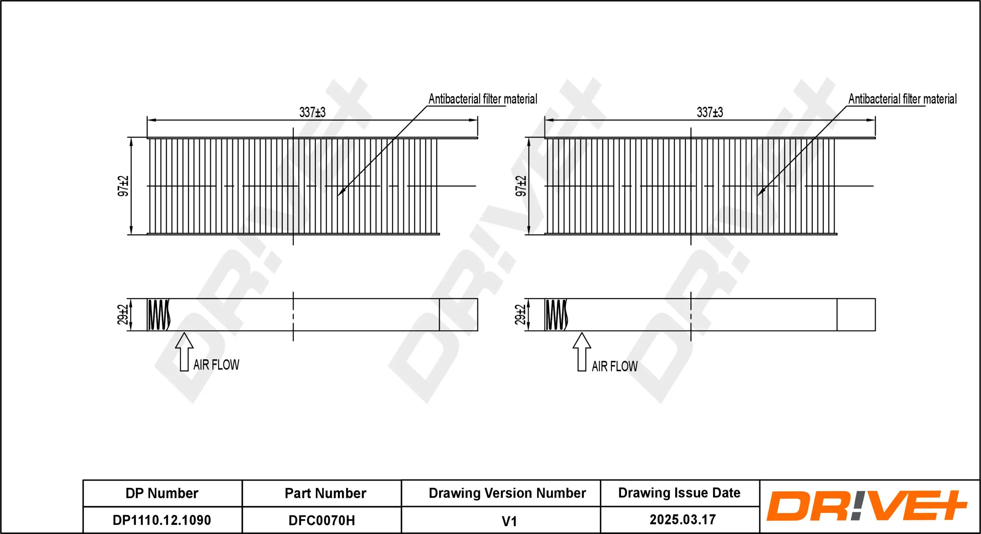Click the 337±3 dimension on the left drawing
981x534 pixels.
[312, 113]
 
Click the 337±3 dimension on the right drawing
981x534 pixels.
[710, 113]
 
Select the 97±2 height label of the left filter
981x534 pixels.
[123, 186]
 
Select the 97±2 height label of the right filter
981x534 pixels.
[521, 186]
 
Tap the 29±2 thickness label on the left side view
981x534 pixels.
[123, 314]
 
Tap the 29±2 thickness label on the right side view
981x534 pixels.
[520, 314]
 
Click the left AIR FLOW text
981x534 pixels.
[216, 365]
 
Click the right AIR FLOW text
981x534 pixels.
[614, 367]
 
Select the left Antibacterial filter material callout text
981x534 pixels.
[483, 99]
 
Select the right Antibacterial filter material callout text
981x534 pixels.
[903, 99]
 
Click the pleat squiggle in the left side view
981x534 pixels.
[159, 314]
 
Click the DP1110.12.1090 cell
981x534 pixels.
[162, 520]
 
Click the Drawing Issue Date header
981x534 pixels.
[679, 493]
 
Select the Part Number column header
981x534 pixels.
[325, 493]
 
